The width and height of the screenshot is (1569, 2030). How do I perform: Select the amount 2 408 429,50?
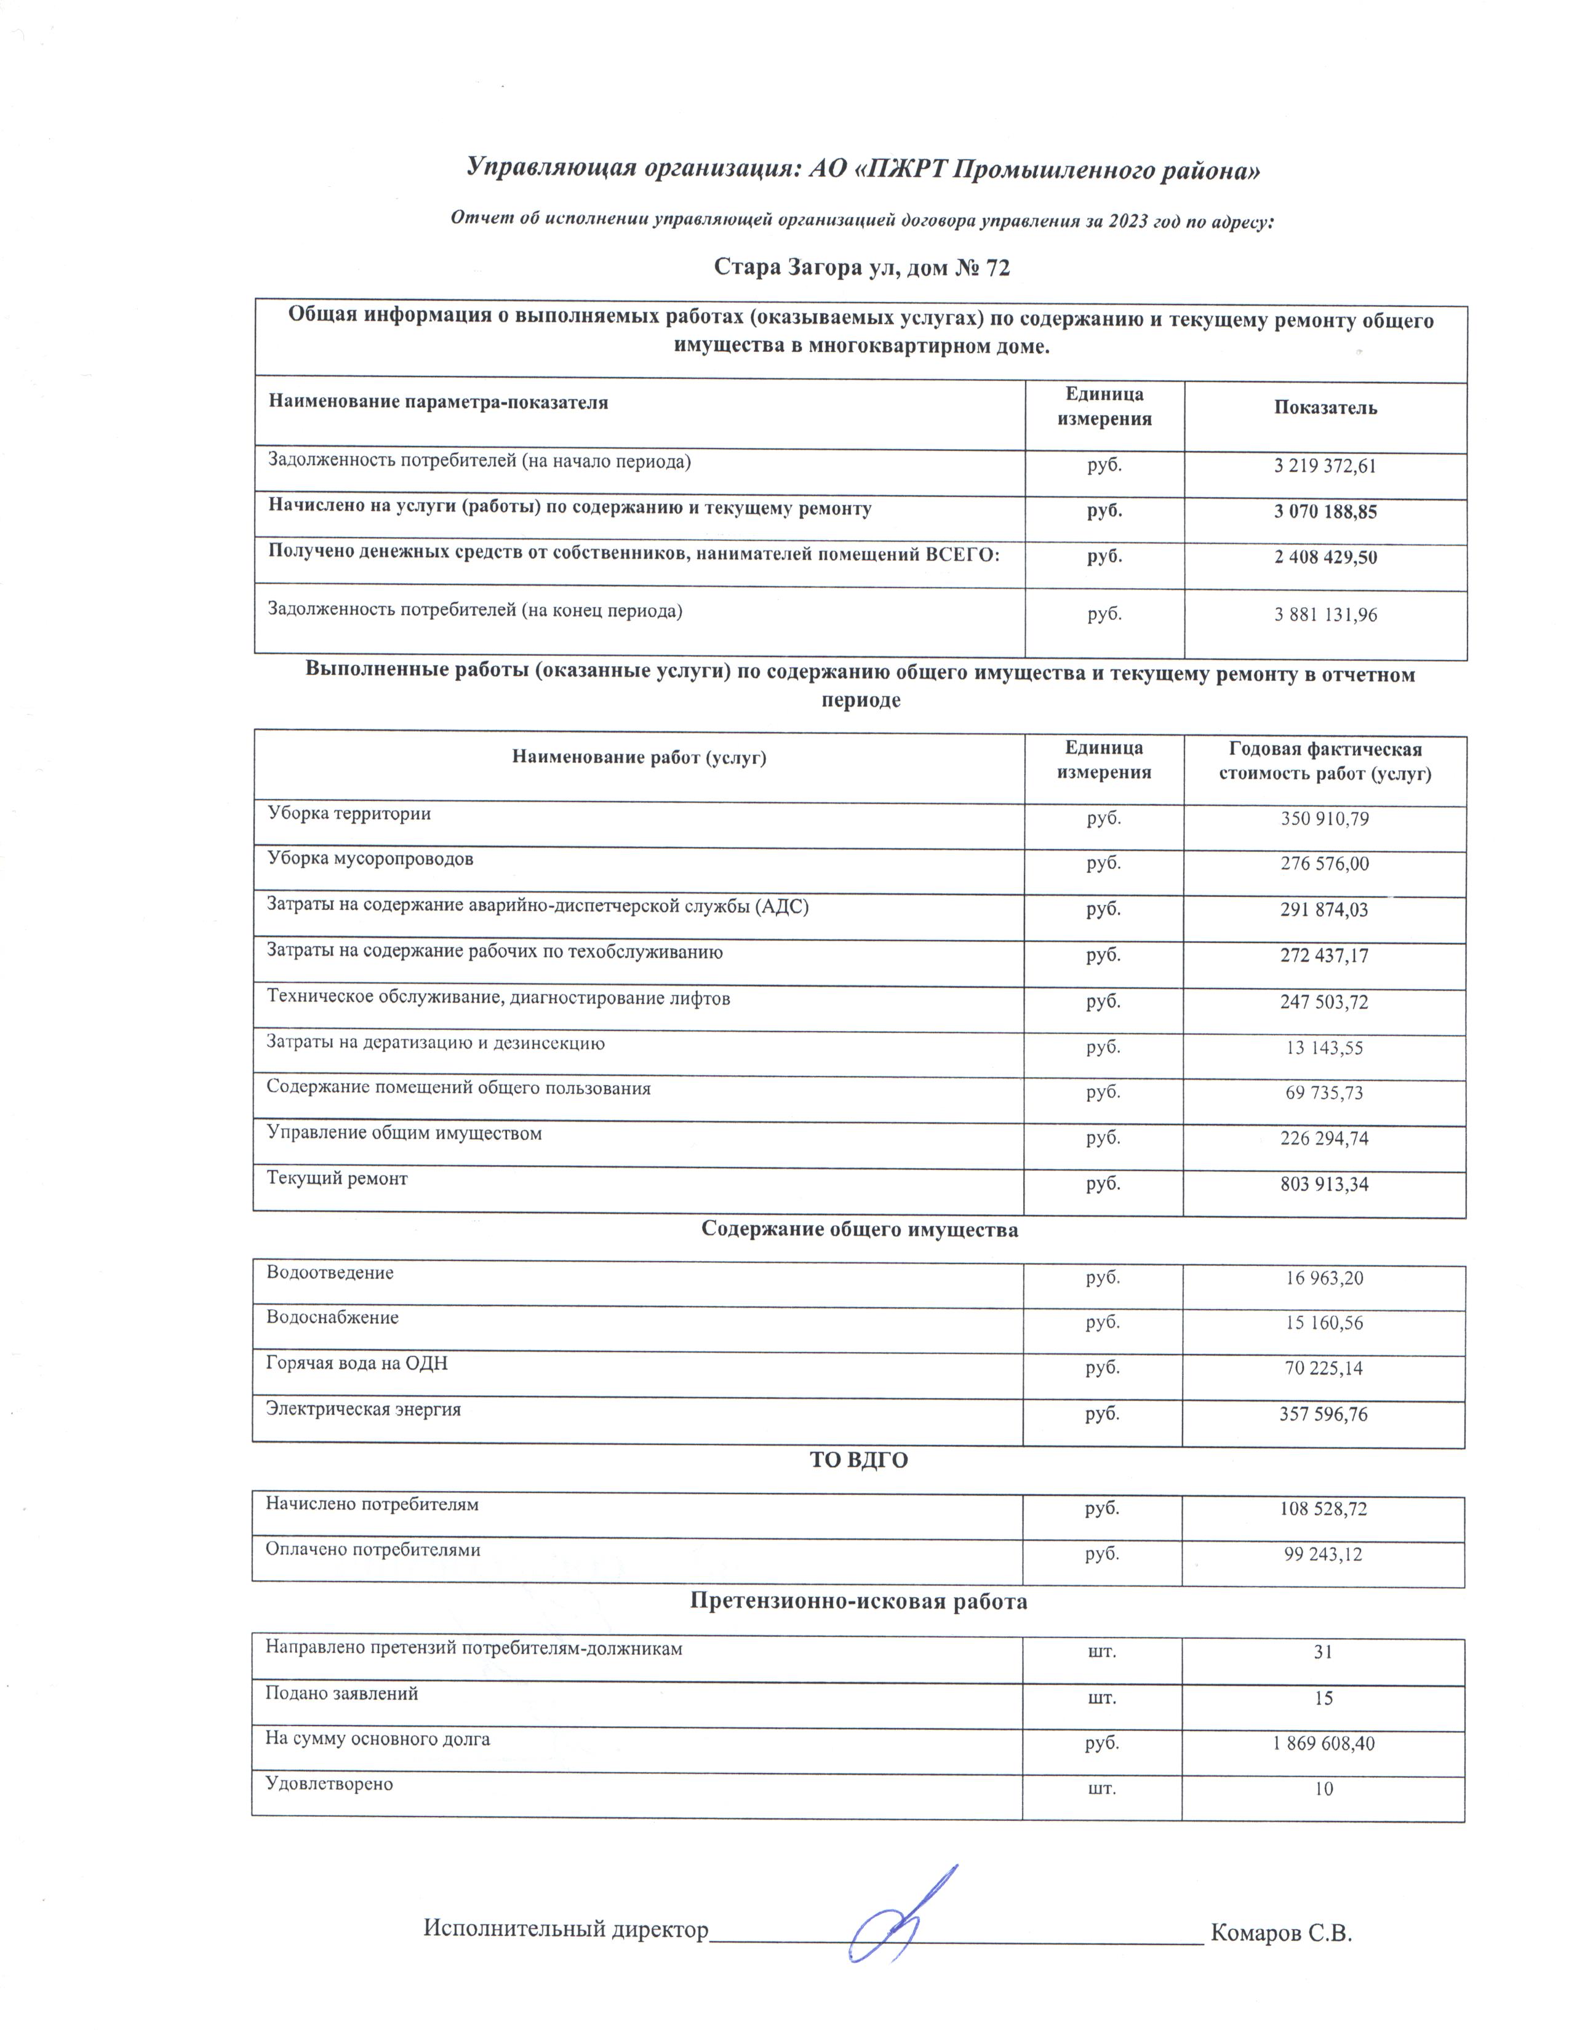tap(1325, 558)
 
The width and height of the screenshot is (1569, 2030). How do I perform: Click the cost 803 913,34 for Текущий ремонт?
tap(1323, 1184)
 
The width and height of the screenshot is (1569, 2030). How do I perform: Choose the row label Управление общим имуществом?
tap(404, 1133)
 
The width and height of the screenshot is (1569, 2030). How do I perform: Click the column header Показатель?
tap(1325, 407)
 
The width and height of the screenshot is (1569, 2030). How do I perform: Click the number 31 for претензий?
tap(1323, 1652)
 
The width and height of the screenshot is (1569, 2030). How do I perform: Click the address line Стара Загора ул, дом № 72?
tap(861, 268)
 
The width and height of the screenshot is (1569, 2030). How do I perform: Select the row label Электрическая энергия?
tap(364, 1409)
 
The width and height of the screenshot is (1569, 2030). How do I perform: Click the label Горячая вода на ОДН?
tap(356, 1364)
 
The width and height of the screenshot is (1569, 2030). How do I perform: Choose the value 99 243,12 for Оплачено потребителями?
tap(1323, 1554)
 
